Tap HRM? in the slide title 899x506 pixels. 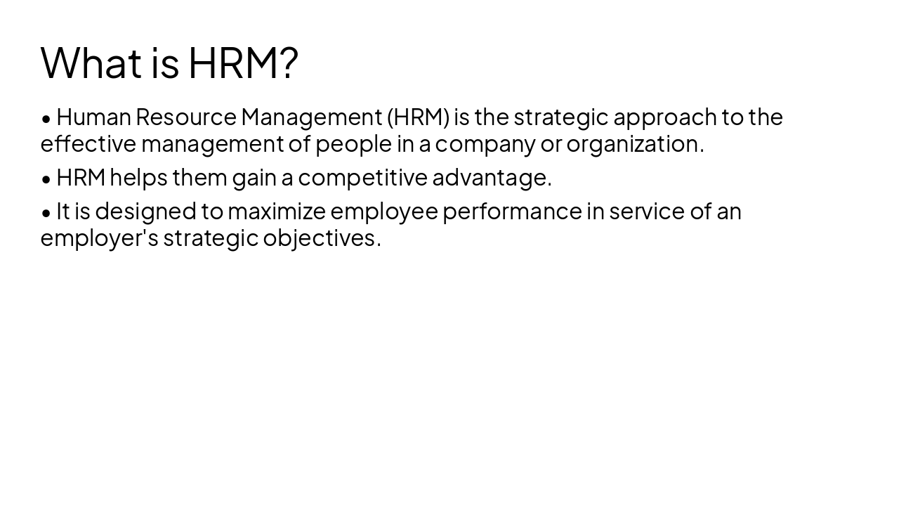(243, 63)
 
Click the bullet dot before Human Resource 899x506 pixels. (46, 119)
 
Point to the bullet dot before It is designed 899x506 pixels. (46, 213)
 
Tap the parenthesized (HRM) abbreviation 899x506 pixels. (418, 117)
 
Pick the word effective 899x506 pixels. (88, 144)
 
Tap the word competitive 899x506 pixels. (362, 179)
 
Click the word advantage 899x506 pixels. (491, 179)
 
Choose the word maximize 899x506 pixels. (277, 212)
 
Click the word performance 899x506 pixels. (512, 212)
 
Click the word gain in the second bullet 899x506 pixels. (254, 179)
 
